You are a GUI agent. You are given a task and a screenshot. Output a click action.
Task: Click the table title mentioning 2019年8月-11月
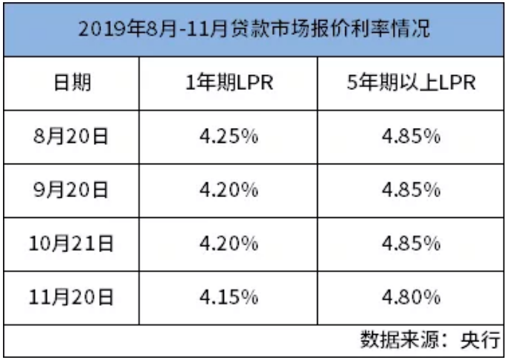click(x=254, y=29)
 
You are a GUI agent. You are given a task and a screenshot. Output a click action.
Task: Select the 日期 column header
click(x=72, y=83)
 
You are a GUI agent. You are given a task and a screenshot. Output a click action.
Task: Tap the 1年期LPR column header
click(x=229, y=83)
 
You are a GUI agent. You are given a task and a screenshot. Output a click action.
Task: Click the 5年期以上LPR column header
click(x=411, y=83)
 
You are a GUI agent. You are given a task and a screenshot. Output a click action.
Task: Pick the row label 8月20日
click(x=71, y=137)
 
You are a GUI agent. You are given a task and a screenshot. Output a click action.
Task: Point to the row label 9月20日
click(x=71, y=190)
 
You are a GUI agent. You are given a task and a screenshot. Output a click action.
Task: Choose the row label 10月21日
click(x=71, y=244)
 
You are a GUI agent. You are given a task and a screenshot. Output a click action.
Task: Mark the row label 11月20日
click(x=71, y=298)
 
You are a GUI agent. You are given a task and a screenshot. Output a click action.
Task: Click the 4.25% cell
click(x=228, y=137)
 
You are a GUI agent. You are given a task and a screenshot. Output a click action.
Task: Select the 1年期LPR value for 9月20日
click(x=228, y=190)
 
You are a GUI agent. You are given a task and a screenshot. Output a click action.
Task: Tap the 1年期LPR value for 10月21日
click(x=228, y=244)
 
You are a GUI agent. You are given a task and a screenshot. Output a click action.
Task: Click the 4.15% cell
click(x=228, y=298)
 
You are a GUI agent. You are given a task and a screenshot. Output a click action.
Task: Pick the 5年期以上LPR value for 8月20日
click(x=411, y=137)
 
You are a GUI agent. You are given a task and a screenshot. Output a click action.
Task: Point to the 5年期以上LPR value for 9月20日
click(x=411, y=190)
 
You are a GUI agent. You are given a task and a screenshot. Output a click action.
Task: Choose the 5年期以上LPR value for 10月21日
click(x=411, y=244)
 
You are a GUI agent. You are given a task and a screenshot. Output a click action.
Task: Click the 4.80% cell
click(x=411, y=298)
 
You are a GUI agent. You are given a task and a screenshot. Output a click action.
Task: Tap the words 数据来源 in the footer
click(x=400, y=339)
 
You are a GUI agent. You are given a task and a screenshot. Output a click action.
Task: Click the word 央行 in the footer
click(x=481, y=339)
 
